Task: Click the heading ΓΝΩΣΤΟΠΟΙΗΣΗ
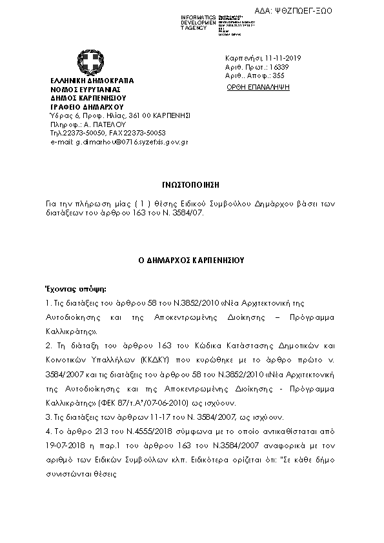click(x=192, y=183)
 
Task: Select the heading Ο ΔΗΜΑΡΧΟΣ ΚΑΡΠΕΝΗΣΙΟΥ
click(x=192, y=261)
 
